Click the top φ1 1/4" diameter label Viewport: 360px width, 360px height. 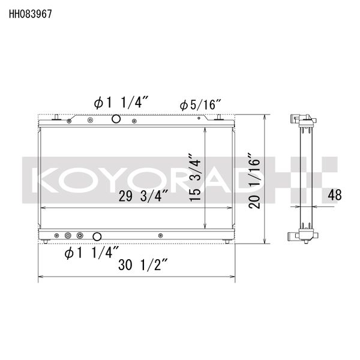tap(120, 103)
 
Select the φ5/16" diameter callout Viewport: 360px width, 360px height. tap(200, 105)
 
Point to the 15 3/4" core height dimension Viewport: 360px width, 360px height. tap(194, 179)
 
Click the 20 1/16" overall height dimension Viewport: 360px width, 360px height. tap(256, 180)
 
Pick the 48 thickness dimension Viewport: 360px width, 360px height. tap(335, 194)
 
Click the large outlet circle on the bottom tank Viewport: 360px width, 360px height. tap(97, 236)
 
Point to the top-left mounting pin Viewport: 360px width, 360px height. tap(56, 117)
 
